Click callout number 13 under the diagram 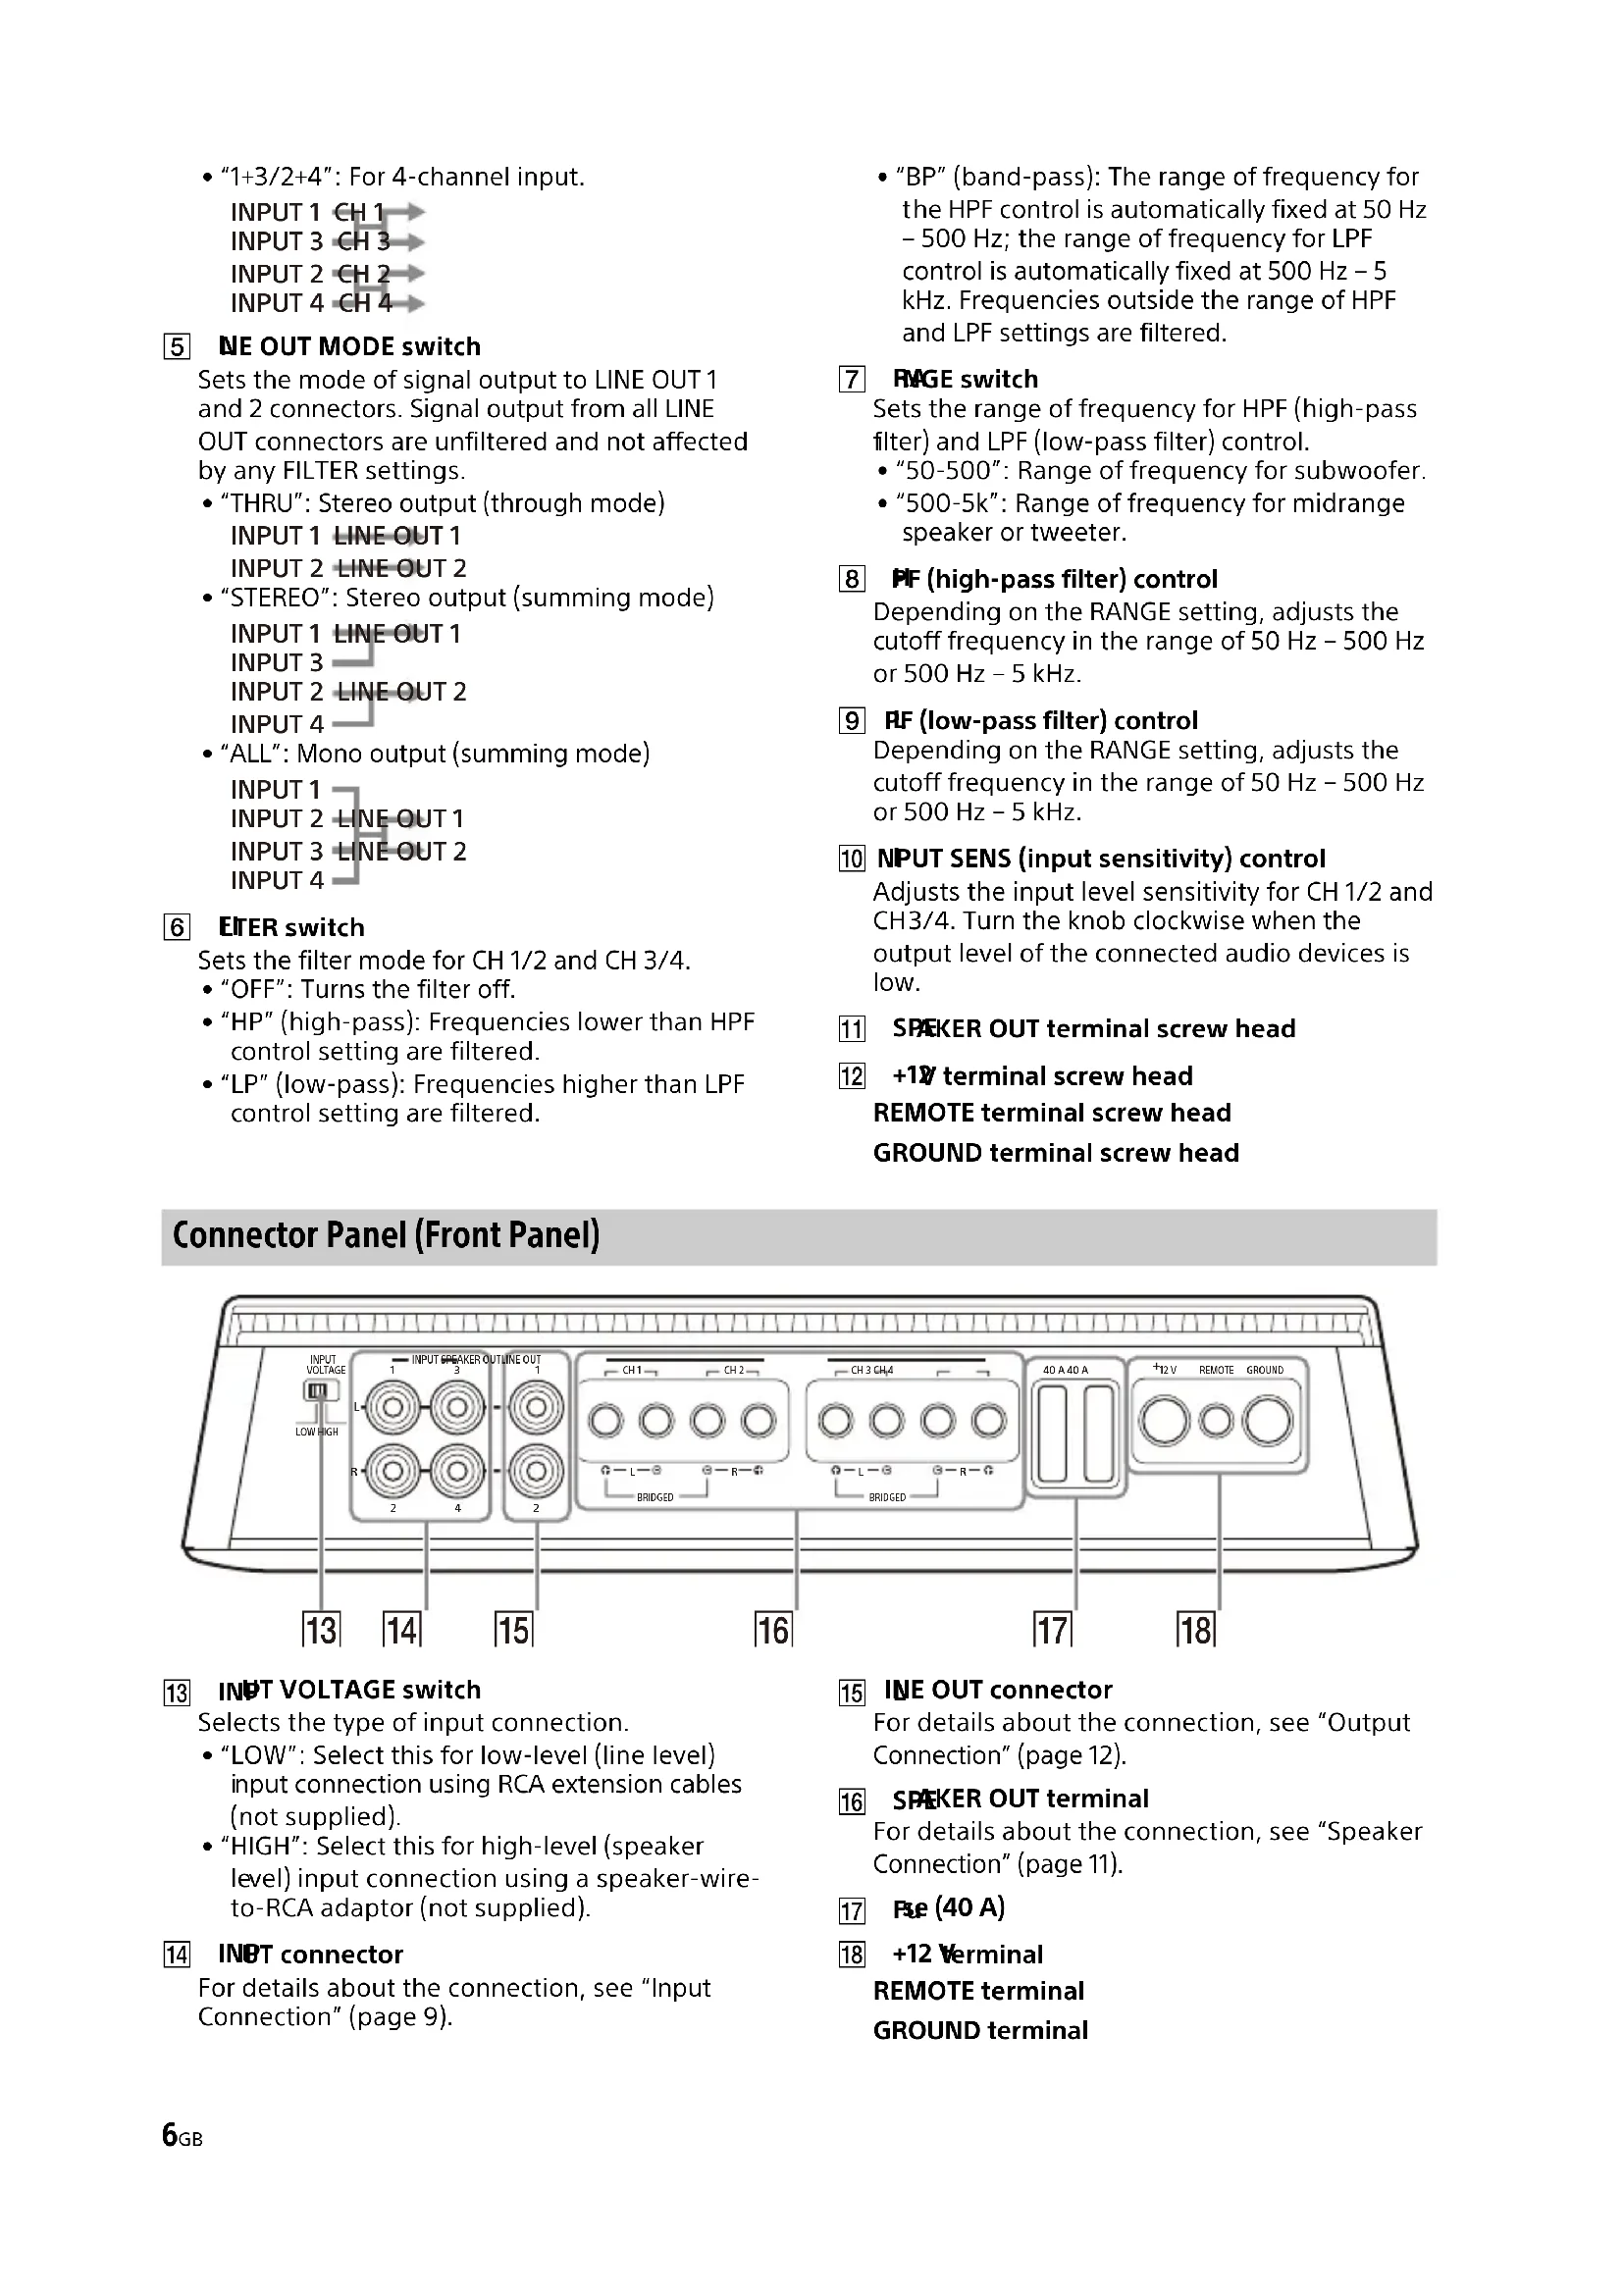[321, 1630]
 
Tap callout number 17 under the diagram [1052, 1630]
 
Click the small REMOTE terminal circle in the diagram [1216, 1421]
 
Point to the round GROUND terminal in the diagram [1267, 1421]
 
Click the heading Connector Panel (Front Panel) [386, 1235]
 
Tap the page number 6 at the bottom [170, 2135]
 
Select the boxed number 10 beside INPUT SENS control [852, 859]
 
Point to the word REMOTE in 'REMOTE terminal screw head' [923, 1113]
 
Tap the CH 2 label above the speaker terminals [735, 1370]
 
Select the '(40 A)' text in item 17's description [969, 1907]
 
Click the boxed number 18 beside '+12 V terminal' [852, 1956]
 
